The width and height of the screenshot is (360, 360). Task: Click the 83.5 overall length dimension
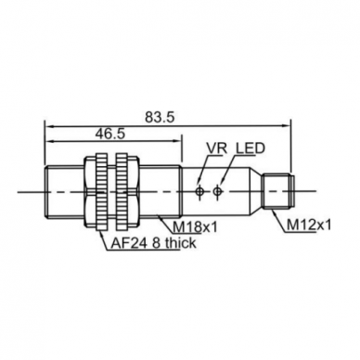pyautogui.click(x=160, y=117)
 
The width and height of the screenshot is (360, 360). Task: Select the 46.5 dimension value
pyautogui.click(x=109, y=134)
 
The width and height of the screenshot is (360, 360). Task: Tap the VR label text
pyautogui.click(x=217, y=148)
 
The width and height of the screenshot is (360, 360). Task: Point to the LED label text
pyautogui.click(x=251, y=148)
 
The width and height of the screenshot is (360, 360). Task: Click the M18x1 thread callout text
pyautogui.click(x=195, y=227)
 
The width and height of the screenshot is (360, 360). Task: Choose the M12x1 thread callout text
pyautogui.click(x=309, y=225)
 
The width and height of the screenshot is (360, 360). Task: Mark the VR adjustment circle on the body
pyautogui.click(x=199, y=192)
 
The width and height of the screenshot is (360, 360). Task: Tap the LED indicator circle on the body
pyautogui.click(x=217, y=192)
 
